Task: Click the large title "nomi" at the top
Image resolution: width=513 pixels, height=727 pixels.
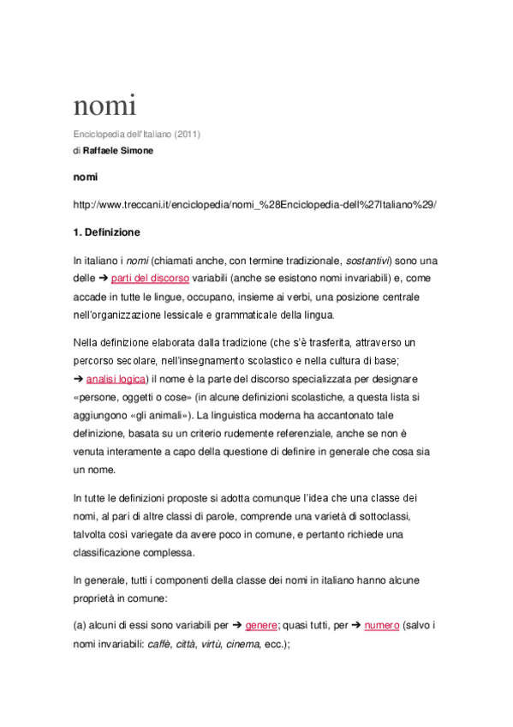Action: (104, 106)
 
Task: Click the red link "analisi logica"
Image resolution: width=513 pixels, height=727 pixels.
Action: (116, 378)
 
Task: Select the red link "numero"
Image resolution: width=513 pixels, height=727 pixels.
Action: (381, 626)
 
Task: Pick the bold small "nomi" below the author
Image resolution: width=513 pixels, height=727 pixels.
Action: (86, 177)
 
